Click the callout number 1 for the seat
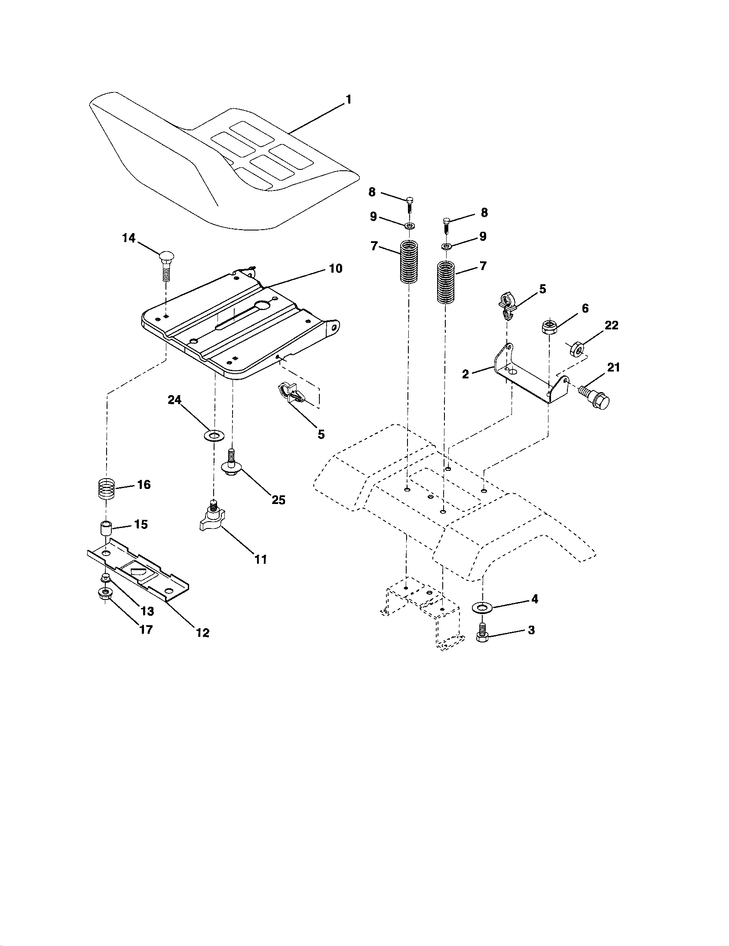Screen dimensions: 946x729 (x=349, y=100)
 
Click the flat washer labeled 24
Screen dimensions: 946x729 (x=214, y=434)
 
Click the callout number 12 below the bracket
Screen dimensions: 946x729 (x=202, y=633)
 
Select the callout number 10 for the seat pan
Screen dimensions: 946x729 (x=336, y=269)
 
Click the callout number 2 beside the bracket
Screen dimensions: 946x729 (x=466, y=374)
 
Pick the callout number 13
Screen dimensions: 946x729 (x=147, y=611)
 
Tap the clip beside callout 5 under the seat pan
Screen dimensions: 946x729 (x=291, y=392)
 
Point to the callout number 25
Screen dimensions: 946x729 (x=279, y=500)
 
